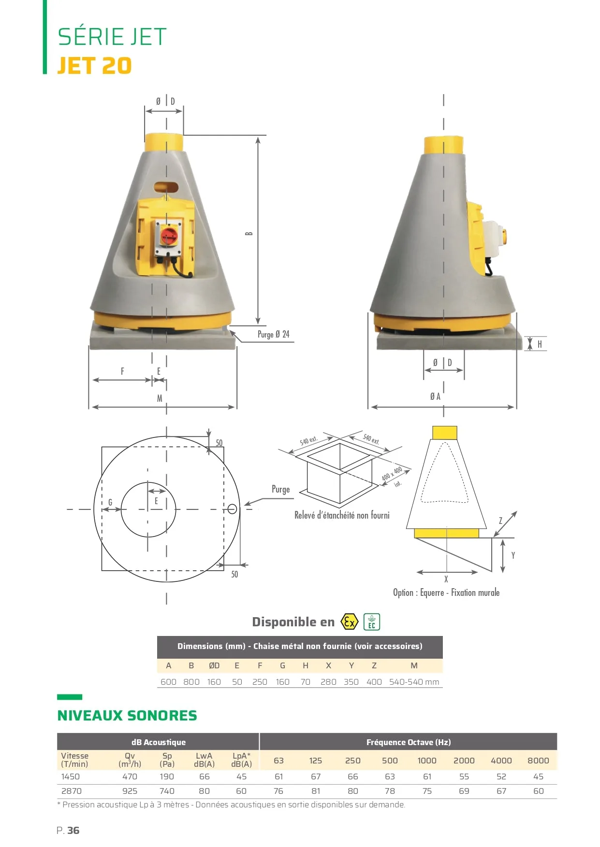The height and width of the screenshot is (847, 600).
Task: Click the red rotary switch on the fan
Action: click(x=169, y=236)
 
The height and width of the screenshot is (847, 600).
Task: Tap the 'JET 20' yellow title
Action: click(x=94, y=66)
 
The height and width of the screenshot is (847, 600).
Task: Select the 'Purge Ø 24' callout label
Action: click(x=273, y=334)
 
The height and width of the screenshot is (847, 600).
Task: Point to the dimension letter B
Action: click(x=249, y=233)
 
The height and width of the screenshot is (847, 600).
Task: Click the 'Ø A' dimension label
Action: click(x=435, y=396)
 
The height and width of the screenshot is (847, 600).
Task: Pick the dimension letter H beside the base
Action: click(x=540, y=344)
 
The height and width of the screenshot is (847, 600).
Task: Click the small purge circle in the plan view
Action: click(x=232, y=508)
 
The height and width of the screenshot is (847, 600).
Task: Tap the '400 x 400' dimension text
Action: click(x=392, y=474)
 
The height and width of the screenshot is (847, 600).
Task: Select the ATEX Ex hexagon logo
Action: click(x=349, y=621)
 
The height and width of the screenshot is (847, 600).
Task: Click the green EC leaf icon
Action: click(x=372, y=621)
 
